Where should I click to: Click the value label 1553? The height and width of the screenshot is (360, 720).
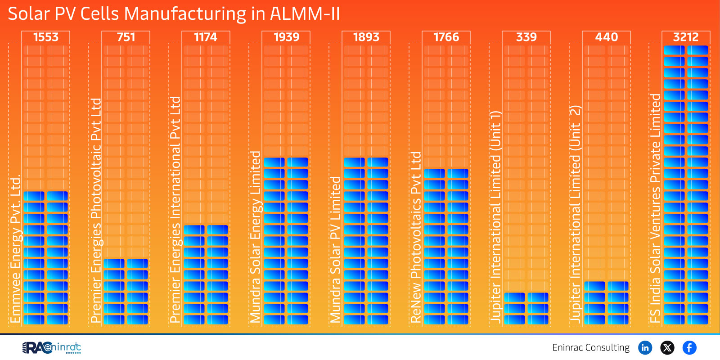[46, 37]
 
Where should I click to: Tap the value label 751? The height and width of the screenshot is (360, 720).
[126, 37]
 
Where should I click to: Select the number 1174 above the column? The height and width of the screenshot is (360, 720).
[206, 37]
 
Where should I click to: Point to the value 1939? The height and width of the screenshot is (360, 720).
[286, 37]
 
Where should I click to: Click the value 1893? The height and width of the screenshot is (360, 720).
[366, 37]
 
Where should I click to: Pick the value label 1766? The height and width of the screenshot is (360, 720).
[446, 37]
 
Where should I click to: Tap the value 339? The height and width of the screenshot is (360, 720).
[526, 37]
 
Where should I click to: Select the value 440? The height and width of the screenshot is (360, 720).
[607, 37]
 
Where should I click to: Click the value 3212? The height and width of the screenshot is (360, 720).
[686, 37]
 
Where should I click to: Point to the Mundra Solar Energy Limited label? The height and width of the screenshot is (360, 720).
[256, 236]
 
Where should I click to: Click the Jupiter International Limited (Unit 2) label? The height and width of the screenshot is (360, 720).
[576, 214]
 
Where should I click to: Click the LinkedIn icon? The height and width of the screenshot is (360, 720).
[645, 347]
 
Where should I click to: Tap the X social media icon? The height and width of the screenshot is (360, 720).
[667, 347]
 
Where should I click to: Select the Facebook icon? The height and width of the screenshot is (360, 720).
[689, 347]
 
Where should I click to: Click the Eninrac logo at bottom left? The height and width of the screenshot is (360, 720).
[52, 347]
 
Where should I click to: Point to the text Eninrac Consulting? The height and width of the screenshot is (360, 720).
[591, 347]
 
